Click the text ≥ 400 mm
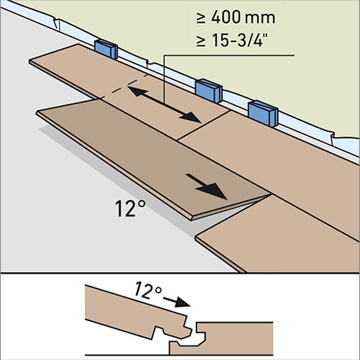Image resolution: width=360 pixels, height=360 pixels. click(x=236, y=17)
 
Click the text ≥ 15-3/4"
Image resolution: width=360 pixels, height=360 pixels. click(x=232, y=40)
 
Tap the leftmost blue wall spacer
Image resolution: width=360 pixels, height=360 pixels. click(x=106, y=49)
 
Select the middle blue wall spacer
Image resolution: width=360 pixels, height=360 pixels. click(x=209, y=91)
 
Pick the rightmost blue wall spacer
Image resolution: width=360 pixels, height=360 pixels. click(x=263, y=114)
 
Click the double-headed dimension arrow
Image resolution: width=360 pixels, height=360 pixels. click(x=164, y=104)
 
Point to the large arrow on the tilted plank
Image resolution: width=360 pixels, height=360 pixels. click(x=207, y=186)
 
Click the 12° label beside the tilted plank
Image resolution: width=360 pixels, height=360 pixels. click(x=130, y=208)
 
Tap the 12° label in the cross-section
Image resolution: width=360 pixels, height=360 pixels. click(x=148, y=291)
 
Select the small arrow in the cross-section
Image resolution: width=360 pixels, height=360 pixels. click(x=177, y=302)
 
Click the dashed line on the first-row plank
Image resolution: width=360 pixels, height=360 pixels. click(x=122, y=86)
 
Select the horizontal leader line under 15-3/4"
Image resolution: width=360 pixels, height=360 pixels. click(x=229, y=55)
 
